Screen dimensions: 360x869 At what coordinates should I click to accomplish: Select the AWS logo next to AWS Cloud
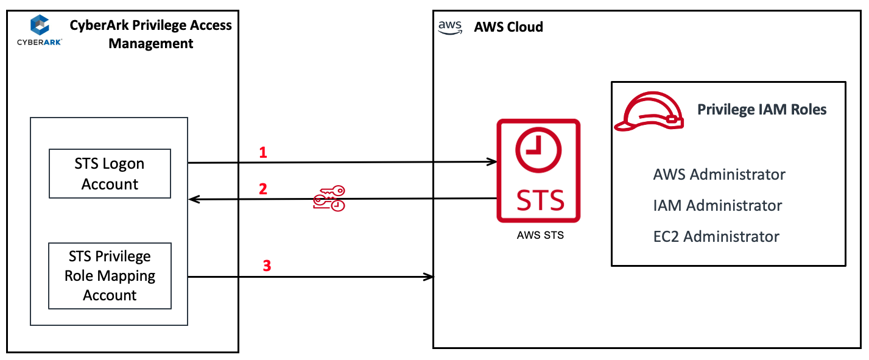click(450, 27)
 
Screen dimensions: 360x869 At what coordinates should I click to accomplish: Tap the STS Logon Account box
click(110, 174)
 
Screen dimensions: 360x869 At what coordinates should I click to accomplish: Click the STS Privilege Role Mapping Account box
click(110, 276)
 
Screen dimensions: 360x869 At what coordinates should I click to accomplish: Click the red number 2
click(263, 189)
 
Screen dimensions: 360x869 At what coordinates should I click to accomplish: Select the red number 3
click(266, 266)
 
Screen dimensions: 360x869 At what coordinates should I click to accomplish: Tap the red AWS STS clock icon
click(538, 171)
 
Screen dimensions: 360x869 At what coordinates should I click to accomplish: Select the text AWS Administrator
click(719, 175)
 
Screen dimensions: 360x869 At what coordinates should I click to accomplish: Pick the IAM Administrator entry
click(717, 206)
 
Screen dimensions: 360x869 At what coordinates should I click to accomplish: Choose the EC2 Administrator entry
click(716, 236)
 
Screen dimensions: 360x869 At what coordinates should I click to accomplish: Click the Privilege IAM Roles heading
click(762, 110)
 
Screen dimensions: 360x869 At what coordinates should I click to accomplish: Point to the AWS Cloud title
click(508, 27)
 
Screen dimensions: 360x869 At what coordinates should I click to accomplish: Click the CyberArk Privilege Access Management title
click(150, 34)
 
